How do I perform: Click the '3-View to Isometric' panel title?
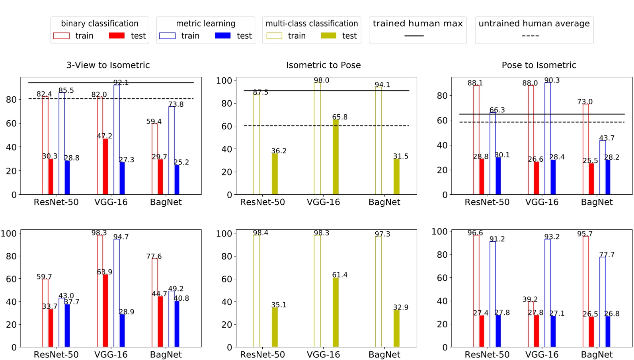(x=108, y=65)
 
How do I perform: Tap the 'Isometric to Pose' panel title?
(x=323, y=65)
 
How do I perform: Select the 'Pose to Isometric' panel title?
(x=538, y=65)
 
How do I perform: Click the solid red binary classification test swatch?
(x=117, y=36)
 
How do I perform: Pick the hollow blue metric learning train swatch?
(x=167, y=36)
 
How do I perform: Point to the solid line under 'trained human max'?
(x=414, y=36)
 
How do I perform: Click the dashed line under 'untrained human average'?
(x=530, y=36)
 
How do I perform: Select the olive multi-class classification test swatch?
(x=328, y=36)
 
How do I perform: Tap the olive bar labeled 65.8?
(x=336, y=157)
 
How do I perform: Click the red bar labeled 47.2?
(x=105, y=166)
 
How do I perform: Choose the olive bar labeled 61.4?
(x=336, y=312)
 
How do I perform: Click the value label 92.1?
(x=121, y=82)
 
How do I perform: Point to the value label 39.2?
(x=530, y=299)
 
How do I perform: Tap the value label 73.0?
(x=585, y=102)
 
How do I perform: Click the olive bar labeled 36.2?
(x=275, y=174)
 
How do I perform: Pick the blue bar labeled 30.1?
(x=498, y=176)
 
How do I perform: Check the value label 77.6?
(x=154, y=256)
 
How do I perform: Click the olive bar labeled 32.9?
(x=396, y=328)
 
